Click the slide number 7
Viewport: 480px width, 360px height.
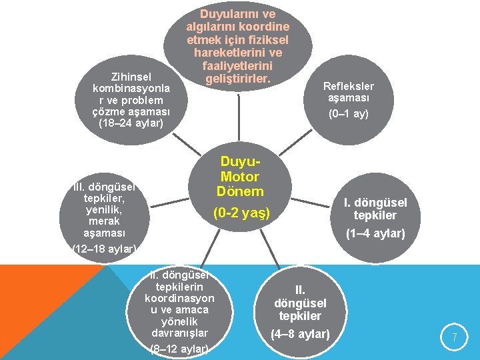click(x=454, y=338)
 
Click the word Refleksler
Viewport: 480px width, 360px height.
click(x=348, y=86)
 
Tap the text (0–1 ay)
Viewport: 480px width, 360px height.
click(x=348, y=113)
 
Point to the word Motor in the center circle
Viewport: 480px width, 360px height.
click(x=239, y=177)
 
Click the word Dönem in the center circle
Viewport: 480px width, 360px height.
click(x=240, y=191)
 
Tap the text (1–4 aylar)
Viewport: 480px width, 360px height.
click(x=375, y=233)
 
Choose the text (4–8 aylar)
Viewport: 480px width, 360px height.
click(x=300, y=333)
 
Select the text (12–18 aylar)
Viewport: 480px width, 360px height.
click(x=105, y=249)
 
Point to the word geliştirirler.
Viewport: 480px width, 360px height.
click(x=238, y=79)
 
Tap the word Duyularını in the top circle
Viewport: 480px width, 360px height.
click(x=238, y=13)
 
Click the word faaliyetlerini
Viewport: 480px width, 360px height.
click(x=238, y=66)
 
